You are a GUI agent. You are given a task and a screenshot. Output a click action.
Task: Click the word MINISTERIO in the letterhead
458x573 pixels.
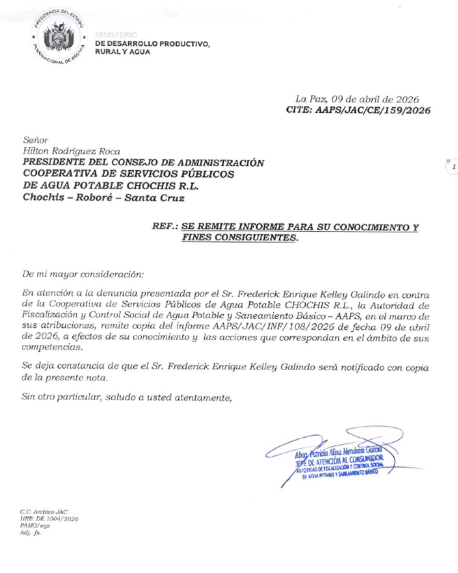point(116,35)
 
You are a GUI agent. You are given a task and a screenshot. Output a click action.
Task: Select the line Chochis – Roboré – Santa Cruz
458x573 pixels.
point(104,198)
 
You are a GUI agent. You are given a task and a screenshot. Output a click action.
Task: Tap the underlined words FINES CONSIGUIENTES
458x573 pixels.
point(240,238)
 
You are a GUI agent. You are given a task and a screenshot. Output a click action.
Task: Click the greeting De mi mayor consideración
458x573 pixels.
point(83,275)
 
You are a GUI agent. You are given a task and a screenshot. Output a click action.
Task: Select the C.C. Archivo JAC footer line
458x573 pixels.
point(44,512)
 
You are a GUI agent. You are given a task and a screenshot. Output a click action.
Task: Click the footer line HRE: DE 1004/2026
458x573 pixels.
point(48,519)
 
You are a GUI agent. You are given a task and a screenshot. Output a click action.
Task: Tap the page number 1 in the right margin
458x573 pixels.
point(451,167)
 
